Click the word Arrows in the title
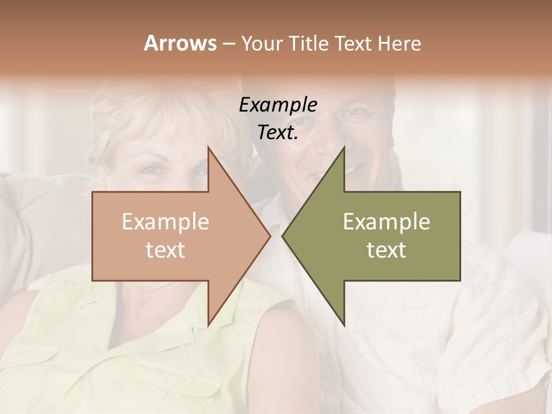click(x=180, y=43)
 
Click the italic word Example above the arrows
click(x=278, y=105)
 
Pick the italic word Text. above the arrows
click(x=278, y=133)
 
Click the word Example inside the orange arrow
click(x=165, y=222)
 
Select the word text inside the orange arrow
click(x=165, y=250)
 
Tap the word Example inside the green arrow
click(x=386, y=222)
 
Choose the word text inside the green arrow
click(x=386, y=250)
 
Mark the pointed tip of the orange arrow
click(x=270, y=236)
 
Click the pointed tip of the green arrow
click(x=282, y=236)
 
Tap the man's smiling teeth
click(x=352, y=169)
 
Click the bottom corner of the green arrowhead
click(x=344, y=325)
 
